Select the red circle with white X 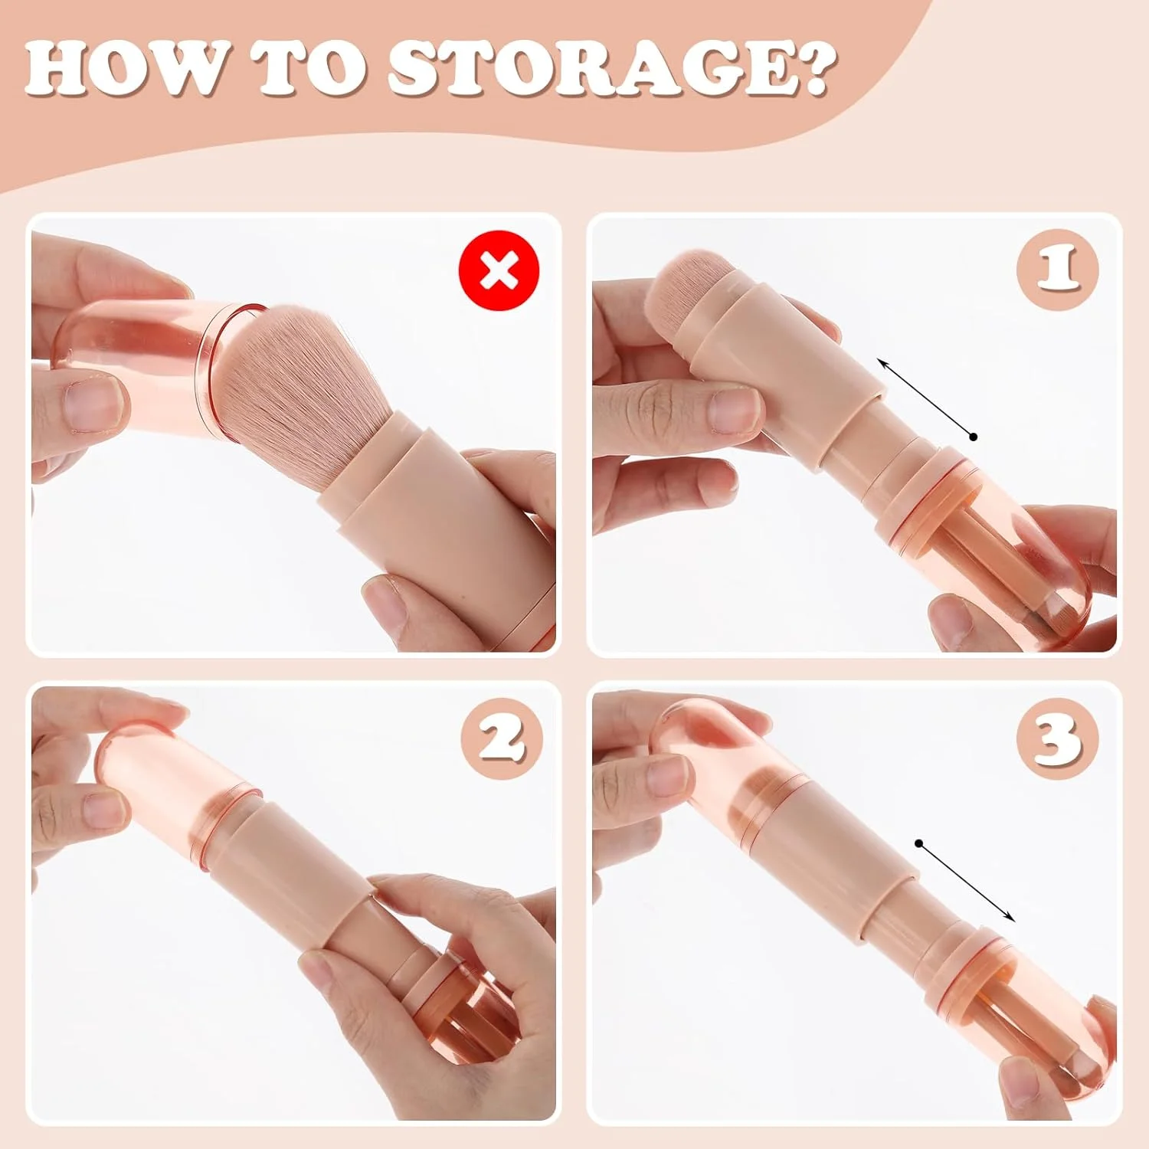pos(499,270)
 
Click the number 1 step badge pos(1057,269)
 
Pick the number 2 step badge pos(502,738)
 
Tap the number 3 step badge pos(1057,738)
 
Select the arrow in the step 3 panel pos(966,881)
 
